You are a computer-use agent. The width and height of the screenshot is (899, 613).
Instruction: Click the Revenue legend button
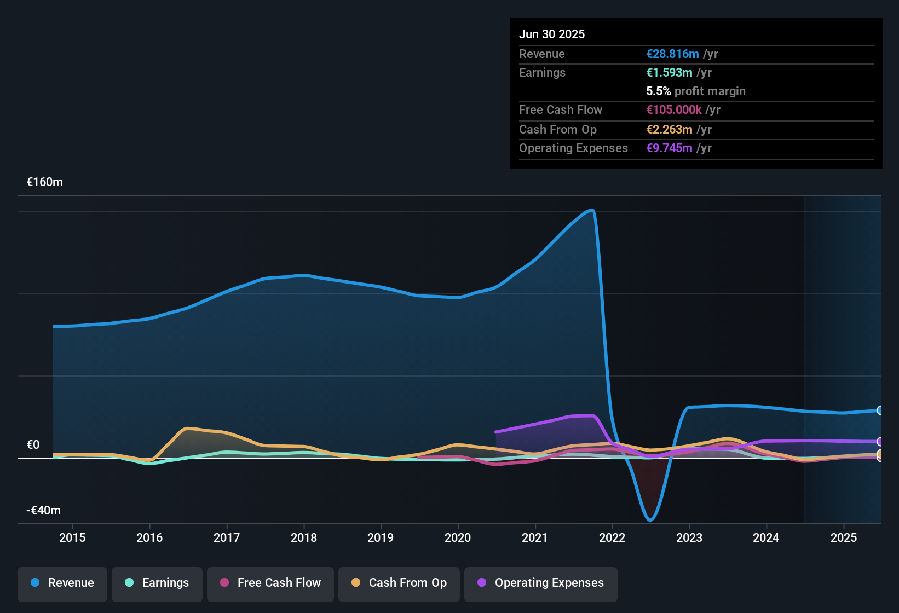(x=62, y=583)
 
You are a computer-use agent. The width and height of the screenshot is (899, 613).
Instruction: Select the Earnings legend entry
(x=157, y=583)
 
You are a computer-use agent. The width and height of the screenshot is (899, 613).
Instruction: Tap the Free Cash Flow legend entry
(x=270, y=583)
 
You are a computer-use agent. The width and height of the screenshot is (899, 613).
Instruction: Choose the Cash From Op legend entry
(x=399, y=583)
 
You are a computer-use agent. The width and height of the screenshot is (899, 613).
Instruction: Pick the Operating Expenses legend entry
(x=541, y=583)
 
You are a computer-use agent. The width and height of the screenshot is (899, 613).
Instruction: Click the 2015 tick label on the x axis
(x=72, y=537)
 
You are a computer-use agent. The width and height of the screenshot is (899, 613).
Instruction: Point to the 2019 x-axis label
(x=381, y=537)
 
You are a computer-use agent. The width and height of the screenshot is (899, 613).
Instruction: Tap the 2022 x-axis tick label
(x=612, y=537)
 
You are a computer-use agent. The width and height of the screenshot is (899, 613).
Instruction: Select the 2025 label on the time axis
(x=844, y=537)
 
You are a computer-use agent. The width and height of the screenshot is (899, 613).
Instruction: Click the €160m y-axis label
(x=45, y=182)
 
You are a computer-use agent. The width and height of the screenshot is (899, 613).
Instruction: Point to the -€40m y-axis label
(x=44, y=511)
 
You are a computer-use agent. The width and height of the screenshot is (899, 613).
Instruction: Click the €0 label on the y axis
(x=33, y=445)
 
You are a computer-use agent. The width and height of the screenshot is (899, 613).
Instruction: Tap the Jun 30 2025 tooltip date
(x=552, y=34)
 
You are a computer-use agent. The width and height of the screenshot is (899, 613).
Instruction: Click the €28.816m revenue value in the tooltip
(x=672, y=54)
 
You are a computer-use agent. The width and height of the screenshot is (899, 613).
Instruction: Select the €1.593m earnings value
(x=669, y=73)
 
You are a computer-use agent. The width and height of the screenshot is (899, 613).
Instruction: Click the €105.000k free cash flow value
(x=673, y=110)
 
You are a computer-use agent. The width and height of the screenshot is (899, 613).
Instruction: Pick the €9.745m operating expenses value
(x=669, y=148)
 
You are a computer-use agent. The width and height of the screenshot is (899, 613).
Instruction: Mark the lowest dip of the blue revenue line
(x=650, y=520)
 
